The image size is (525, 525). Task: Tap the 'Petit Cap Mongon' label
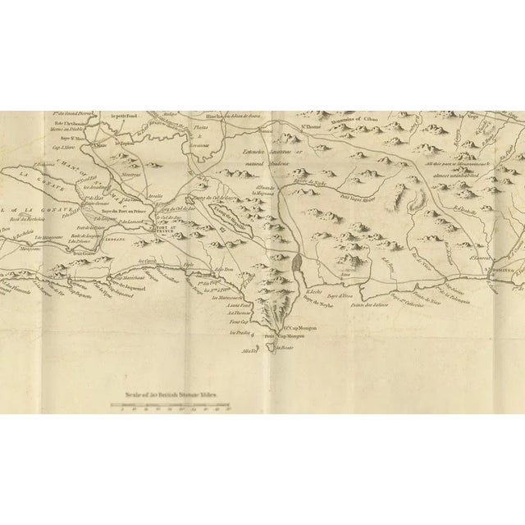[281, 336]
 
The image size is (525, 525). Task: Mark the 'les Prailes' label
[239, 334]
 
